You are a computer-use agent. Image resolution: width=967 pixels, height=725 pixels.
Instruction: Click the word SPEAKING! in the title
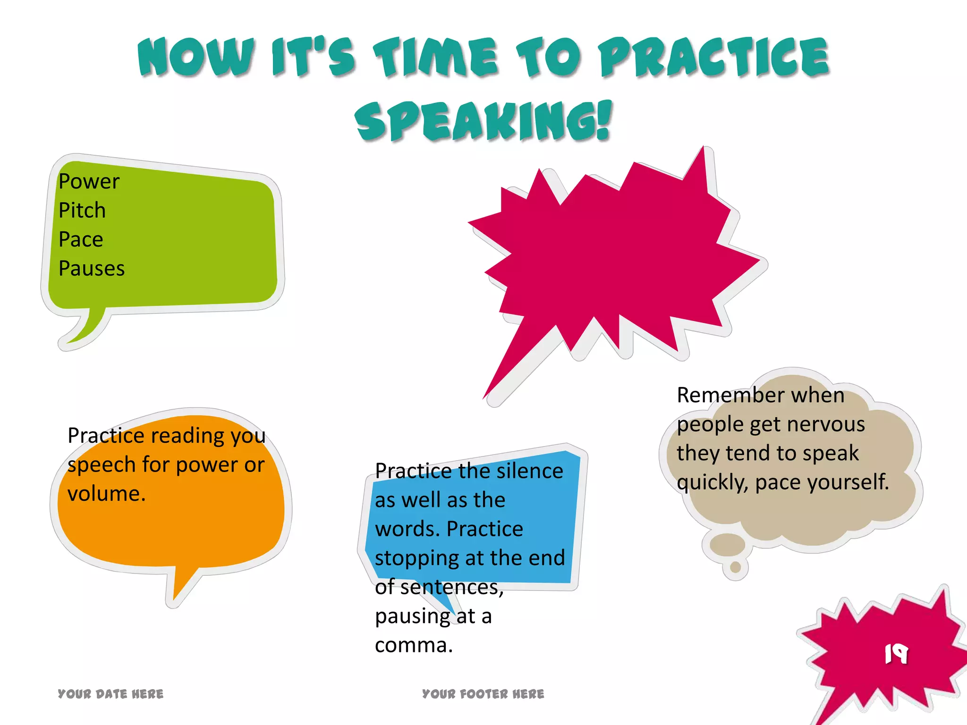pos(483,121)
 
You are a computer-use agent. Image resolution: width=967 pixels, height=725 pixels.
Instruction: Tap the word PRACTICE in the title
pos(714,58)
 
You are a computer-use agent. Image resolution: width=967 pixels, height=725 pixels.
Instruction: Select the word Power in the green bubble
pos(89,181)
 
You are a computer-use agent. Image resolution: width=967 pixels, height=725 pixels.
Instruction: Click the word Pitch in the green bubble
pos(82,211)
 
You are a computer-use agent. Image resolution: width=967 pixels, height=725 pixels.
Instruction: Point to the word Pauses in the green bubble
pos(92,269)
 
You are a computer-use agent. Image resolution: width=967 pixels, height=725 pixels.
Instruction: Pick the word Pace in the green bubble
pos(81,240)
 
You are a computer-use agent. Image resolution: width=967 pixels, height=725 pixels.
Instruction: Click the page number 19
pos(896,654)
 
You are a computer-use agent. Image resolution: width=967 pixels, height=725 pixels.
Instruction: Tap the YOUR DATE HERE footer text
pos(110,694)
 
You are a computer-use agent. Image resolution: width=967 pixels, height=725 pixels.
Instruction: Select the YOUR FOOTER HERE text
pos(483,694)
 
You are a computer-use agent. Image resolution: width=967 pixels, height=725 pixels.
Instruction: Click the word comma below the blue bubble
pos(411,645)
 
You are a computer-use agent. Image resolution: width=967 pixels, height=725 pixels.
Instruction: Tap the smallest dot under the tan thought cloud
pos(735,567)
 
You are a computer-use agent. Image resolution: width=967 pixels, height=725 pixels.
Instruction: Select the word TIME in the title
pos(435,58)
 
